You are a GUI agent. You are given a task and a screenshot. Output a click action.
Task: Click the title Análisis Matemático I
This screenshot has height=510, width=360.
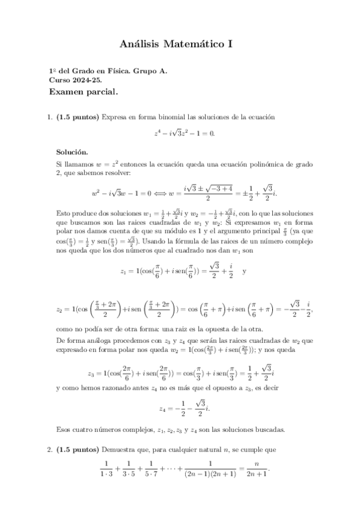(x=180, y=44)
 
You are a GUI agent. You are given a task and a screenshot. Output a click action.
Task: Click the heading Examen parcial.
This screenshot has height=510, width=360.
(x=84, y=92)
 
